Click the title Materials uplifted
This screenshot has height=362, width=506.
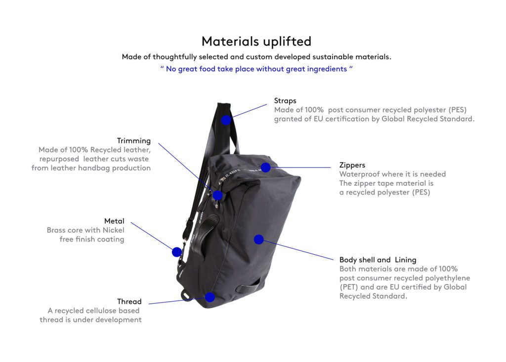coord(256,42)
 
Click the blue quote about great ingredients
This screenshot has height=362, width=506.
coord(256,69)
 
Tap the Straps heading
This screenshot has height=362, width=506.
coord(285,101)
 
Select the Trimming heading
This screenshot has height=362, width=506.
coord(133,141)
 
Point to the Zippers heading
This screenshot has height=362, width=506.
coord(352,165)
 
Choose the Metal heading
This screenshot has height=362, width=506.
coord(114,221)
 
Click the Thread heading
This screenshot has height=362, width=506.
coord(129,301)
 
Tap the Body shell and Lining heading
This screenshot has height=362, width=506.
coord(378,260)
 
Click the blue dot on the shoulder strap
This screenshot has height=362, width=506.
coord(226,120)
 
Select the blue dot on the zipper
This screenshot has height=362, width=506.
coord(265,167)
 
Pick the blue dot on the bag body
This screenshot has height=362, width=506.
coord(259,239)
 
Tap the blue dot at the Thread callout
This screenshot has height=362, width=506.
coord(210,297)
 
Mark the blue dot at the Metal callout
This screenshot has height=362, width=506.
coord(177,252)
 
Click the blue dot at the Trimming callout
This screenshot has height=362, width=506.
coord(218,195)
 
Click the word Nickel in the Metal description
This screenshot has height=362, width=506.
coord(113,230)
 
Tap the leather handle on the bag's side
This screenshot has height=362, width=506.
coord(205,232)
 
